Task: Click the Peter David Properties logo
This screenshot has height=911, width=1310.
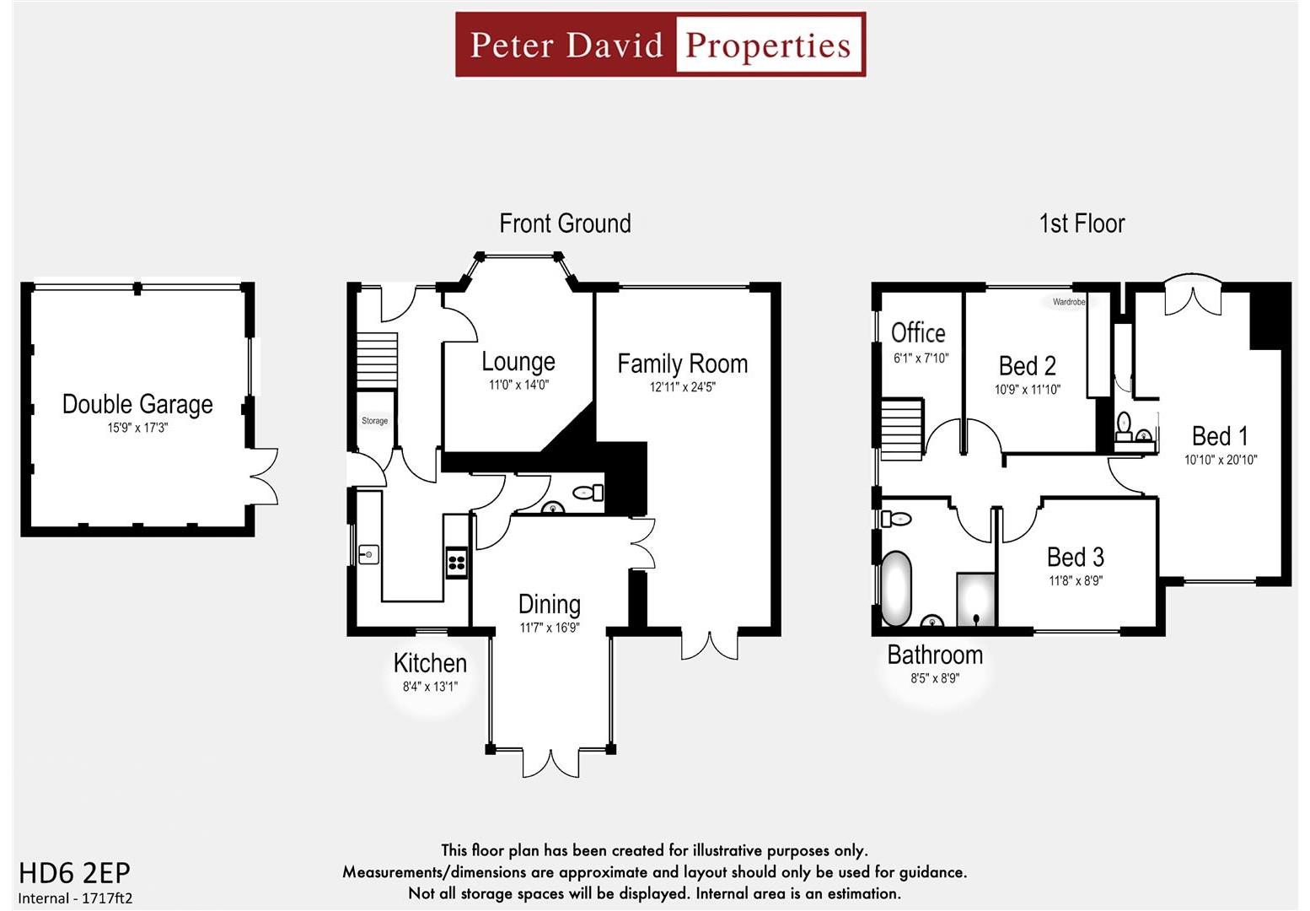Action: click(x=660, y=45)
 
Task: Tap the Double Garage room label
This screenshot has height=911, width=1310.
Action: click(x=137, y=404)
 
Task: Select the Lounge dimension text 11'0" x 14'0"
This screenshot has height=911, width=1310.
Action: click(x=518, y=385)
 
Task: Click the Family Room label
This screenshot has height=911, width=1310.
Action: click(x=682, y=364)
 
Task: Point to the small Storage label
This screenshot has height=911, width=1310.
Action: click(x=374, y=420)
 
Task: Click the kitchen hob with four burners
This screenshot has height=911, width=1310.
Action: click(x=457, y=563)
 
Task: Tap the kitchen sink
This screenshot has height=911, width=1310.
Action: click(x=368, y=554)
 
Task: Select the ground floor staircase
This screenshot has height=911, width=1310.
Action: click(x=375, y=360)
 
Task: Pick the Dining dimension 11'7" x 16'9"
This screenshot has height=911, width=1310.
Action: click(x=549, y=628)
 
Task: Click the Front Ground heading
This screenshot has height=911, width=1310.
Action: click(x=565, y=224)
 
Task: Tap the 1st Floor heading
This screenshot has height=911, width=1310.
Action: click(x=1082, y=224)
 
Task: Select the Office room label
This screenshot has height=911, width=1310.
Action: click(x=918, y=332)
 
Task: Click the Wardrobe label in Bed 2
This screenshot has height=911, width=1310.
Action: click(x=1068, y=301)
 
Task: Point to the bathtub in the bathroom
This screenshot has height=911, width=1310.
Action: click(x=896, y=588)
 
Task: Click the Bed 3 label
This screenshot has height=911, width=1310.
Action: click(x=1075, y=557)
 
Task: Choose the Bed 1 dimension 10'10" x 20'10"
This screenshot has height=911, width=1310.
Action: click(x=1220, y=460)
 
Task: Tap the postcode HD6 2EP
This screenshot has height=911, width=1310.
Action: click(x=74, y=872)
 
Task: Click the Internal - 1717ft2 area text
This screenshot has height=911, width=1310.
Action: click(x=76, y=898)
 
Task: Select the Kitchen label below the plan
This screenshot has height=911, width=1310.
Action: click(x=430, y=663)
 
